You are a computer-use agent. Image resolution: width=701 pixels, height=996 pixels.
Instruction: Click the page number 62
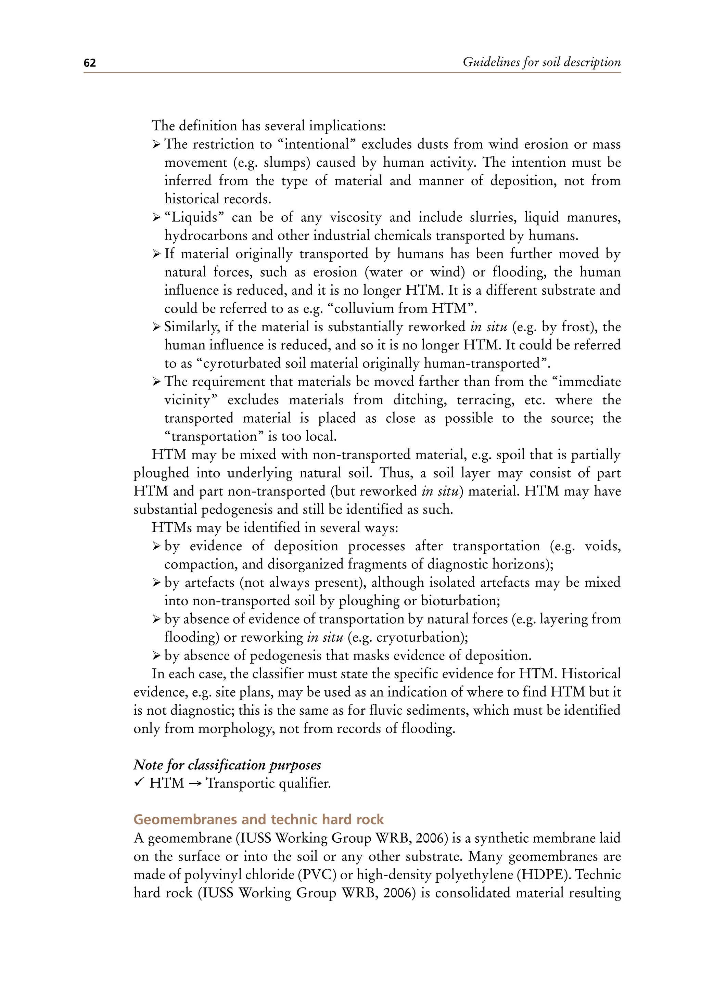coord(89,63)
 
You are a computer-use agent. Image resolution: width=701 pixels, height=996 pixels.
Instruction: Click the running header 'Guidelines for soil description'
coord(541,62)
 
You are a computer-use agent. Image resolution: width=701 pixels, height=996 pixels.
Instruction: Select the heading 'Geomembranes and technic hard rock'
coord(258,819)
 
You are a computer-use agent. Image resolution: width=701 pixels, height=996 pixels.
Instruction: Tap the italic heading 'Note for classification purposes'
coord(227,765)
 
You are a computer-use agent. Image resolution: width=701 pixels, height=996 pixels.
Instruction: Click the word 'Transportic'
coord(241,783)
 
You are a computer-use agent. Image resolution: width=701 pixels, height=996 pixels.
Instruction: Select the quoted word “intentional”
coord(316,144)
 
